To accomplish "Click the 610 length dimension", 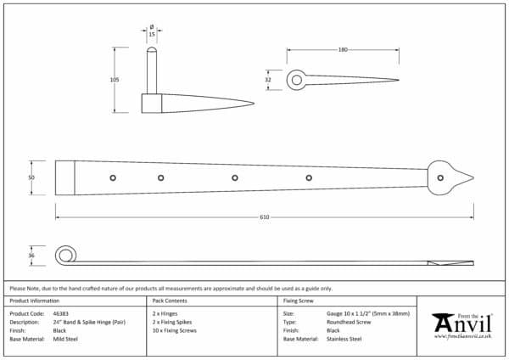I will tap(265, 218).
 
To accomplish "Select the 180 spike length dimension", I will tap(343, 50).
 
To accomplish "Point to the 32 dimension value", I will tap(269, 80).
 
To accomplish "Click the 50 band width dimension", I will tap(31, 177).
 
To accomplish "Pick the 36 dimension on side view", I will tap(31, 255).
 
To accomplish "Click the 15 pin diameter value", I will tap(151, 35).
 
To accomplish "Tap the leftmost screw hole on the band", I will tap(113, 177).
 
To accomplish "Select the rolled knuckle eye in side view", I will tap(64, 255).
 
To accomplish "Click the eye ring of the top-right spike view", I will tap(296, 81).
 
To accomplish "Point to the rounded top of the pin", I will tap(151, 52).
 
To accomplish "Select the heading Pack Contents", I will tap(171, 301).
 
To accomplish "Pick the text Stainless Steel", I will tap(344, 339).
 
